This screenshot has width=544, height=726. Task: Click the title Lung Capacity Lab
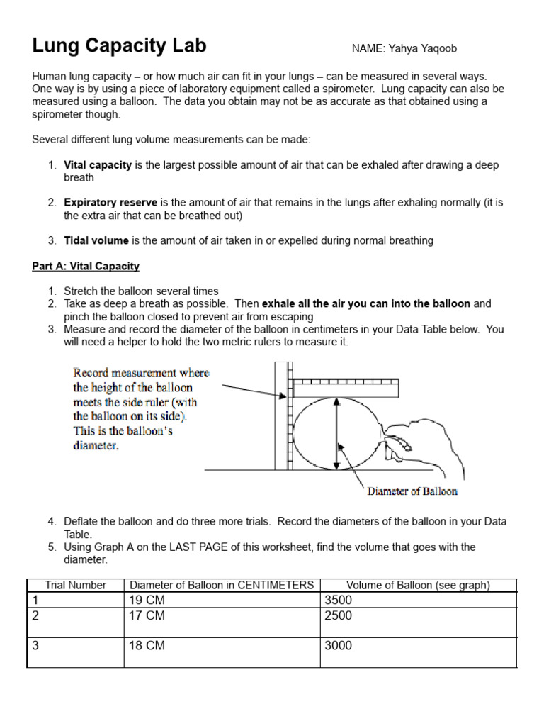tap(119, 46)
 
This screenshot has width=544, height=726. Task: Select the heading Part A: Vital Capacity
tap(86, 267)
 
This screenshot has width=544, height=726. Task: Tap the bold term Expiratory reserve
tap(110, 203)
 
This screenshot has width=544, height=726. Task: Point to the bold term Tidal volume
tap(96, 240)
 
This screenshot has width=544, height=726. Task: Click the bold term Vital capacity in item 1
tap(98, 165)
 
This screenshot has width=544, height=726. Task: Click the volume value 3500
tap(338, 600)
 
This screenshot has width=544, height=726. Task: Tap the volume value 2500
tap(338, 615)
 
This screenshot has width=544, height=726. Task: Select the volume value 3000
tap(338, 646)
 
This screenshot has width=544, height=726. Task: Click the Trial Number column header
tap(75, 585)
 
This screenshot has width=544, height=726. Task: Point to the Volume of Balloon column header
tap(418, 585)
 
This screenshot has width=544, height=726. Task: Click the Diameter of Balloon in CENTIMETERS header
tap(221, 585)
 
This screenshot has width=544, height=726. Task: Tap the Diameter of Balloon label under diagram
tap(412, 491)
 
